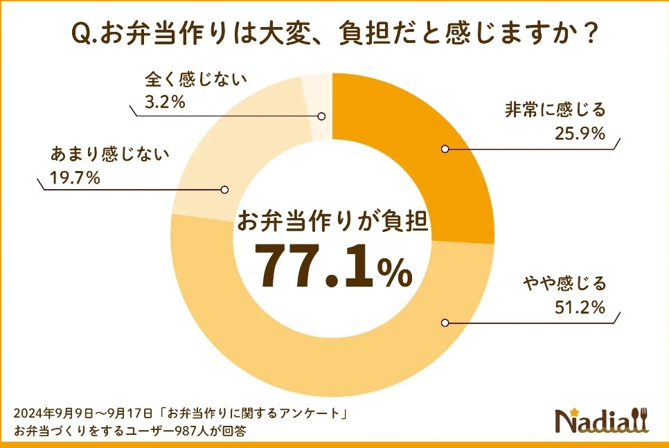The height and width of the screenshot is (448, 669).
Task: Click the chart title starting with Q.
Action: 334,33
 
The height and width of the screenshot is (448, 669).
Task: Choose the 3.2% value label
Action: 164,103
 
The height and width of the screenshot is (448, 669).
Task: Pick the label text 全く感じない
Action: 186,80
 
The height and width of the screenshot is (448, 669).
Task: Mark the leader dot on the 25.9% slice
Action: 445,147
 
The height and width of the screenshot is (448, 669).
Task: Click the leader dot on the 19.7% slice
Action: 224,189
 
